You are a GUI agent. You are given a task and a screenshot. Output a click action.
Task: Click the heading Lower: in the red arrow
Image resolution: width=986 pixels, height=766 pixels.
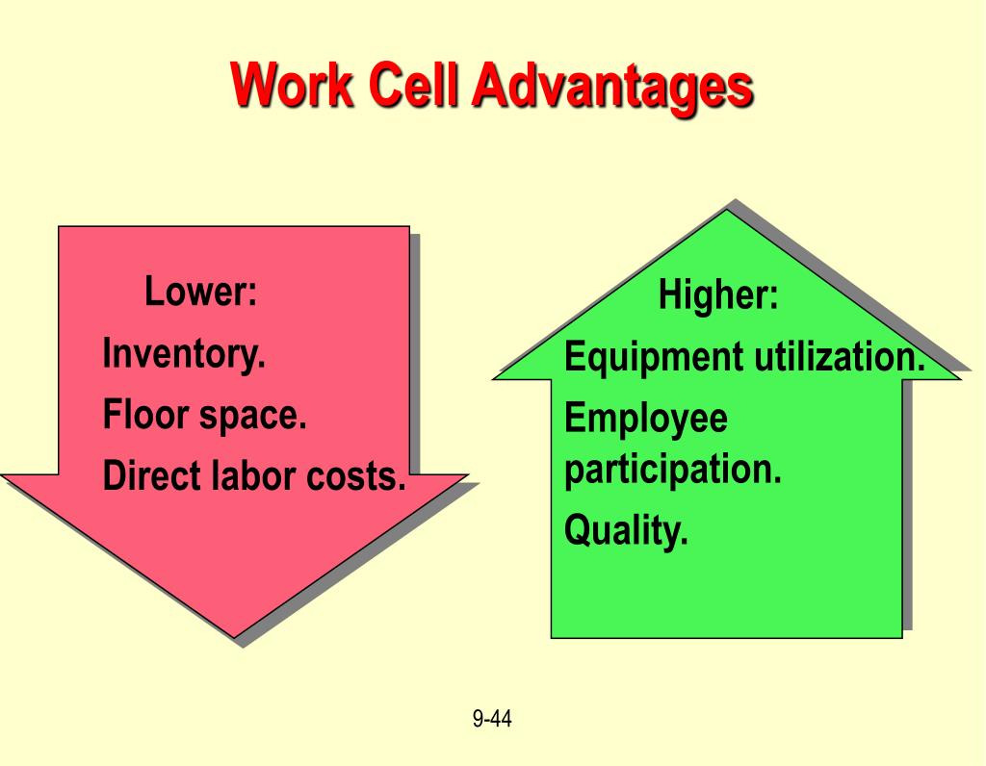pos(201,292)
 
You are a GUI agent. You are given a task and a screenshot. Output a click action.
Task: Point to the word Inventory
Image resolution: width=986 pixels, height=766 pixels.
pos(184,354)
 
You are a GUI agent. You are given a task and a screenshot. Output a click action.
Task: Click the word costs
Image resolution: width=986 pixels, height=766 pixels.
pos(357,476)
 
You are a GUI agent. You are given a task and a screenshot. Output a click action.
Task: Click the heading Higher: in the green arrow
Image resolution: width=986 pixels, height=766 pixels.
pos(718,295)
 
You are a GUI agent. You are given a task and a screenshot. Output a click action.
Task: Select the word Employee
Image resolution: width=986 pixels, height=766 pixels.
pos(645,420)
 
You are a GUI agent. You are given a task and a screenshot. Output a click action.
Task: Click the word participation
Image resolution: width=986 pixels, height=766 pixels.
pos(672,471)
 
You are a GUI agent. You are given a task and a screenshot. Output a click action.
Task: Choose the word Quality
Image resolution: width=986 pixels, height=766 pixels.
pos(626,530)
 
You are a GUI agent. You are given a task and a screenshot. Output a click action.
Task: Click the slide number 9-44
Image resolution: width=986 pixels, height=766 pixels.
pos(492,718)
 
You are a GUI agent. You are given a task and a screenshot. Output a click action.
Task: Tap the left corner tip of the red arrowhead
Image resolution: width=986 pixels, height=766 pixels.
pos(4,475)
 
